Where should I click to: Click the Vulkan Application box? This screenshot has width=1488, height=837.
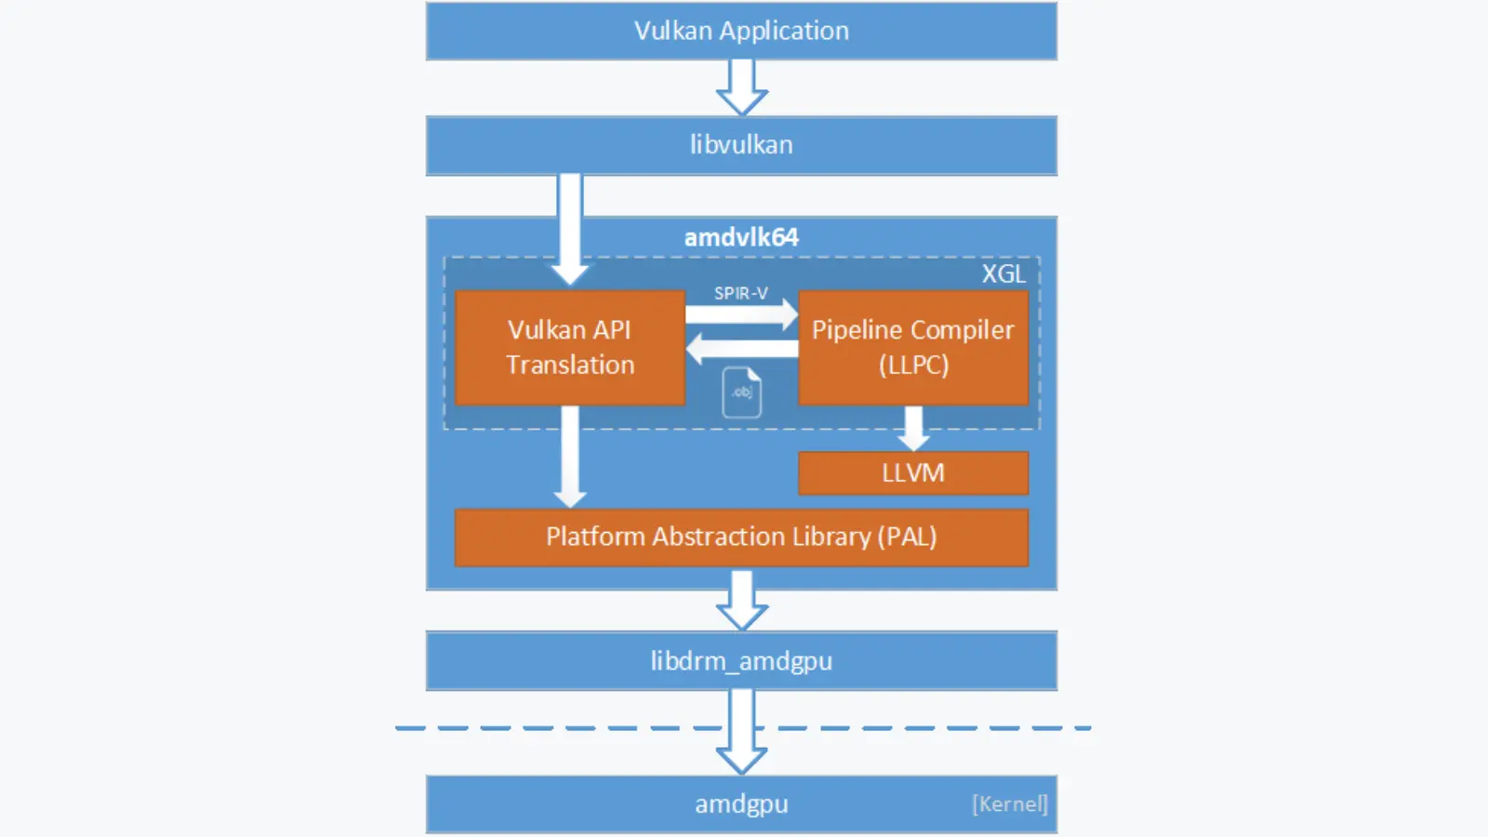point(741,31)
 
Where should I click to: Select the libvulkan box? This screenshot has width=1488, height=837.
point(741,145)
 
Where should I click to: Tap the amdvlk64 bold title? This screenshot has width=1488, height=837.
point(741,237)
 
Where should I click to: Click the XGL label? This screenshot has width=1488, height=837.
point(1003,273)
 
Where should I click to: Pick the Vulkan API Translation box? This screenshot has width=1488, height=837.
point(570,348)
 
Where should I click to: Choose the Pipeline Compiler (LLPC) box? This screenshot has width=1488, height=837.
point(913,348)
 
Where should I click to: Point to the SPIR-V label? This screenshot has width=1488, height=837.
point(741,293)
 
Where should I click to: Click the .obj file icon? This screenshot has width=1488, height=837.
point(742,392)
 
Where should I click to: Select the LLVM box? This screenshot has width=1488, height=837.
point(913,472)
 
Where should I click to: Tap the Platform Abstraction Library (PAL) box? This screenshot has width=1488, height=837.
point(741,537)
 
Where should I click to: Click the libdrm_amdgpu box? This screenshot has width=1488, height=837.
point(741,661)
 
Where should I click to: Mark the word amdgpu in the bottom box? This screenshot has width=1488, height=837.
point(741,804)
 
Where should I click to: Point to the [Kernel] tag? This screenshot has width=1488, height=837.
point(1010,804)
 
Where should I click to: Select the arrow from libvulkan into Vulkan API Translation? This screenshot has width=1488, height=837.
point(570,228)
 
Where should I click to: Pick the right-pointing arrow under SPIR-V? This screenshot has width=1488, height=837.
point(741,314)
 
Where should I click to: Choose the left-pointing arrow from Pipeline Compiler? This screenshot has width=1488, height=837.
point(741,349)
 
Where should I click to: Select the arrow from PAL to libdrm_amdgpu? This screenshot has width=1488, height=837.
point(741,601)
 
